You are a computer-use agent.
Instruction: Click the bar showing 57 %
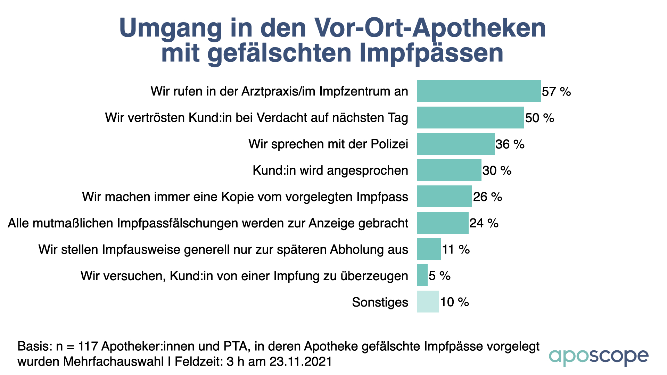tap(479, 91)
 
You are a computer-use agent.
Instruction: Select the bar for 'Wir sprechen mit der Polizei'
tap(455, 144)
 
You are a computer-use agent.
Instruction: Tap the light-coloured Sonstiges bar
tap(428, 302)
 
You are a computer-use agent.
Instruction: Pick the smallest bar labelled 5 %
tap(422, 275)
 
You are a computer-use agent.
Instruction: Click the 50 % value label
tap(540, 118)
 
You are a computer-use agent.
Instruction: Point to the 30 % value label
tap(497, 170)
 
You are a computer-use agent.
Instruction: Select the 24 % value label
tap(484, 223)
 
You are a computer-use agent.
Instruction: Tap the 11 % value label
tap(456, 249)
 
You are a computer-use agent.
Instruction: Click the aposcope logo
tap(599, 357)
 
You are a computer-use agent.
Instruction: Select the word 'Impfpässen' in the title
tap(431, 53)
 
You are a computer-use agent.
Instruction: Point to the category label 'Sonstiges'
tap(380, 302)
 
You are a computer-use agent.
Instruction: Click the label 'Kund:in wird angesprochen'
tap(330, 170)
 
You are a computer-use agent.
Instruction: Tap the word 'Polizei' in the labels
tap(389, 144)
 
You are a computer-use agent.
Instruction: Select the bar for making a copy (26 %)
tap(444, 197)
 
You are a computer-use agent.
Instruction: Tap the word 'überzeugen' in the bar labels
tap(374, 276)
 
